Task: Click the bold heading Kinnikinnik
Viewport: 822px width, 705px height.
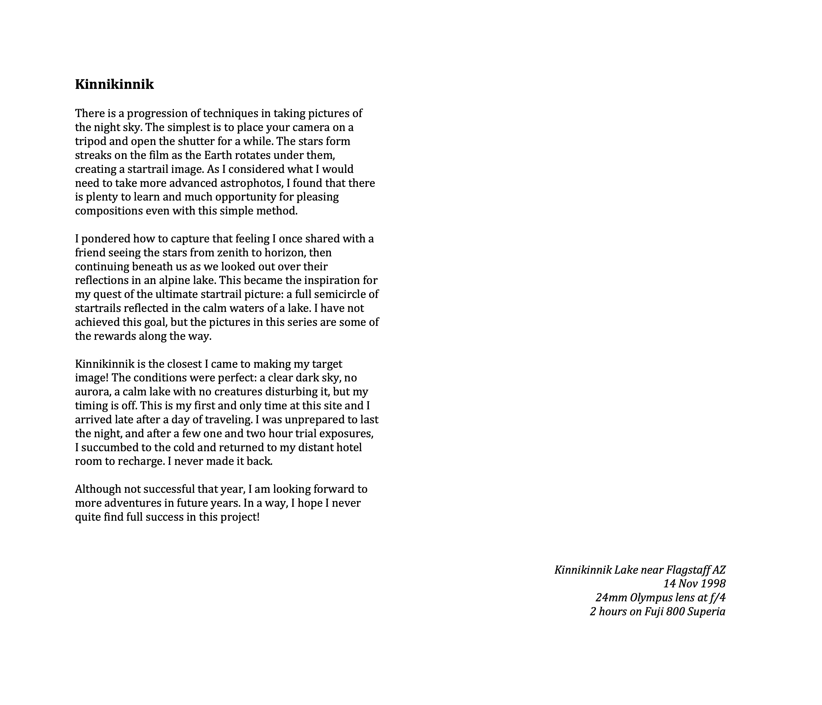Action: point(114,84)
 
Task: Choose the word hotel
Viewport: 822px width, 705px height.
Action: point(349,448)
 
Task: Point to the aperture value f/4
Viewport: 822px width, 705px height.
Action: point(718,598)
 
